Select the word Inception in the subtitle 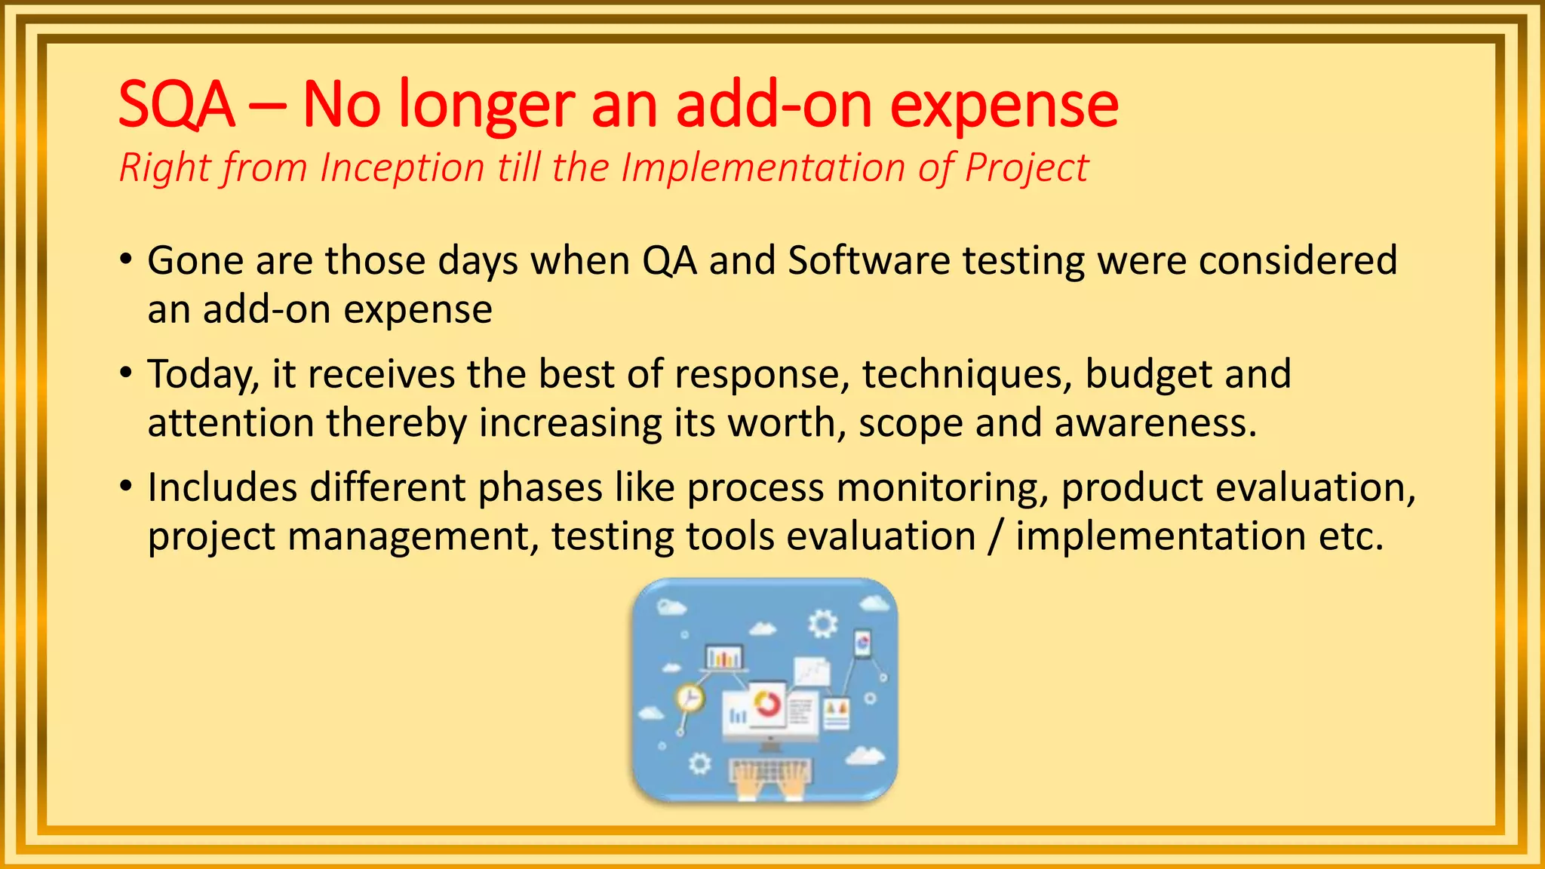401,167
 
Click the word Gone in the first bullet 194,261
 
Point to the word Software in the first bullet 868,261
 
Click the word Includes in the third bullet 222,487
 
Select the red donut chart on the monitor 768,703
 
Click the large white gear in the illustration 822,625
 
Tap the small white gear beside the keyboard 700,763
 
